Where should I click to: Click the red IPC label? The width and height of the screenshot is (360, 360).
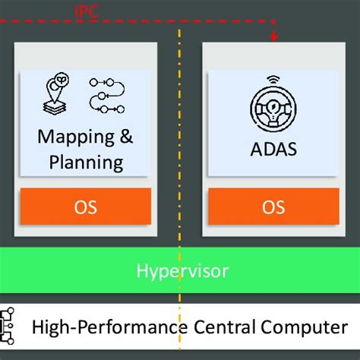(86, 11)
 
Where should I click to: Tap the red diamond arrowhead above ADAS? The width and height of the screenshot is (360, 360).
(273, 37)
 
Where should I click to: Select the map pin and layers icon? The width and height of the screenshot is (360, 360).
(56, 94)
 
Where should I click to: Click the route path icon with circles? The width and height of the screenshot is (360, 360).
(107, 96)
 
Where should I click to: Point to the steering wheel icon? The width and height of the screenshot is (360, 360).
(273, 108)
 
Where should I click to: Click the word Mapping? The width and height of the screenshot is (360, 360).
(76, 137)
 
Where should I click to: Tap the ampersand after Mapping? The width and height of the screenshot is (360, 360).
(126, 136)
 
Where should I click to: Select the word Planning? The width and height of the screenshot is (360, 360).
(86, 163)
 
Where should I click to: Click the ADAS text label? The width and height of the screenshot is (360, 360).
(273, 149)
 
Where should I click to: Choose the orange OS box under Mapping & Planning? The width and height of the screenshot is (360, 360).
(86, 206)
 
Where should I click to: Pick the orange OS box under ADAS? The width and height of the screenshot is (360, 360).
(273, 206)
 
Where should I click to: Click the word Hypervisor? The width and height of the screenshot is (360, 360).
(182, 271)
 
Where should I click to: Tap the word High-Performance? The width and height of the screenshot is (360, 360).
(110, 327)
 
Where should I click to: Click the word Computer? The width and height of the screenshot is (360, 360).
(305, 327)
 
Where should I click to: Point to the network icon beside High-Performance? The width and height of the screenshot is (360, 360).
(7, 326)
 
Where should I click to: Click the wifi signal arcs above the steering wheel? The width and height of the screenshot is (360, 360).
(273, 80)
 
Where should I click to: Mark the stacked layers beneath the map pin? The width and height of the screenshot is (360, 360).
(55, 108)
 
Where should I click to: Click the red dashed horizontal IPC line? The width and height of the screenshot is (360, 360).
(137, 21)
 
